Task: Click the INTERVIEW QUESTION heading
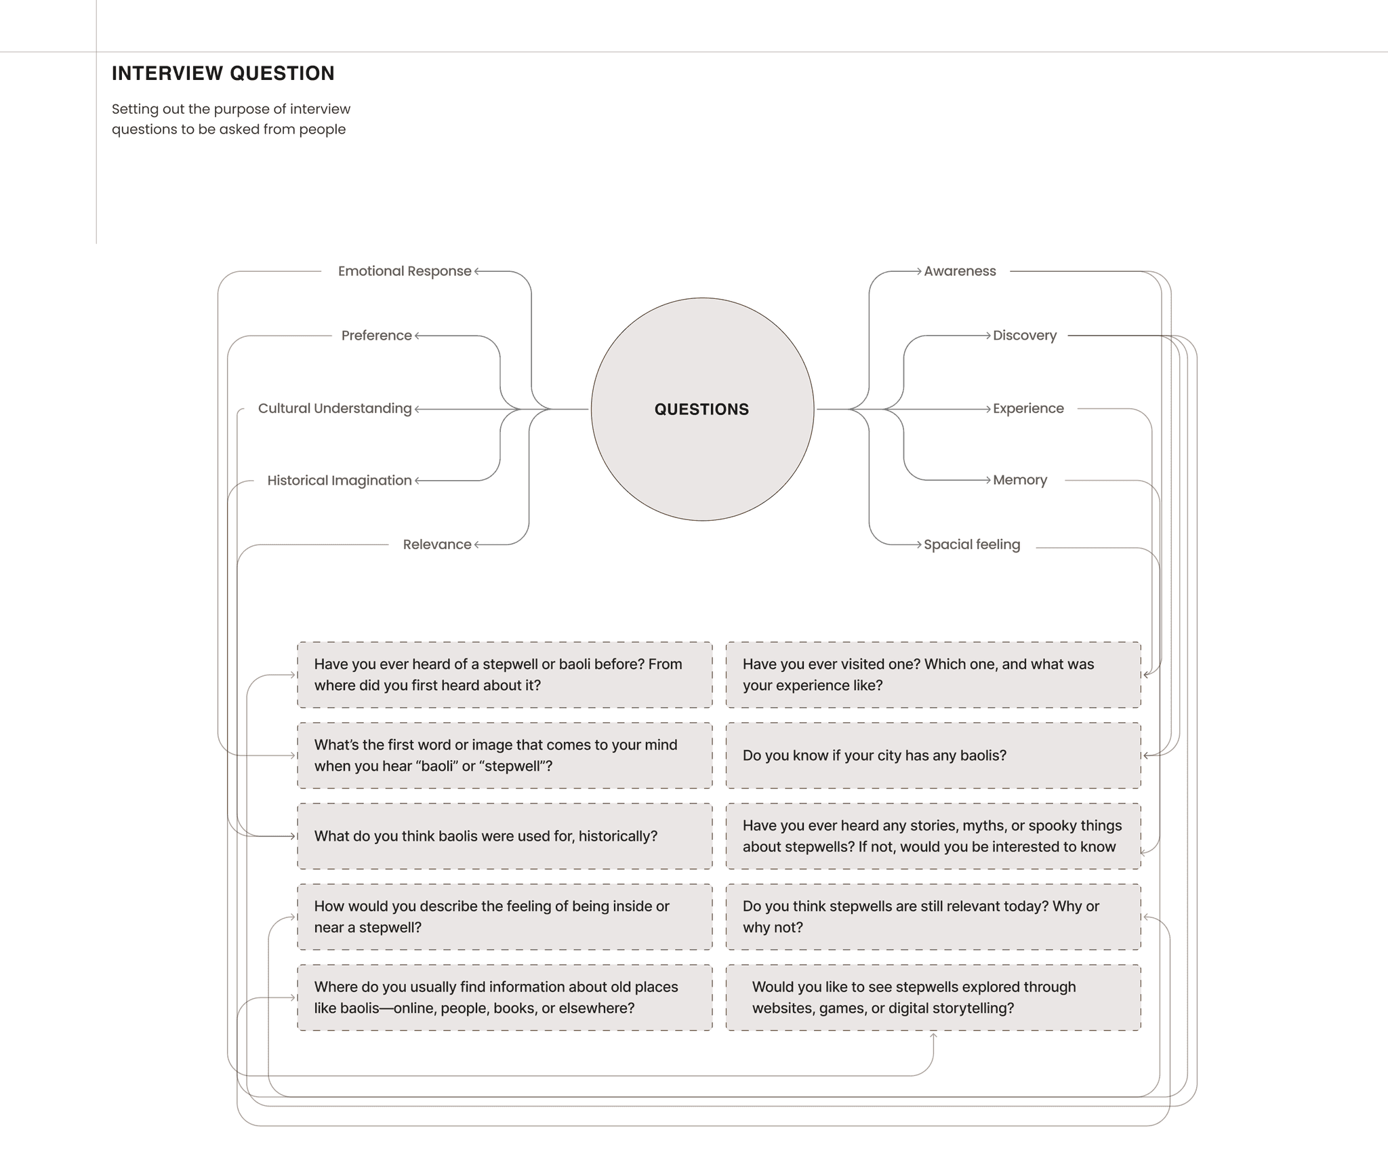click(223, 73)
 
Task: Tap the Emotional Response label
click(404, 271)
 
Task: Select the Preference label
click(376, 335)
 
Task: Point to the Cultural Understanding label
click(335, 408)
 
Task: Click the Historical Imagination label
click(340, 480)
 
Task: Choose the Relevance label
click(436, 544)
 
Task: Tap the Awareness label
click(960, 271)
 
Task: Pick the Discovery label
click(1024, 335)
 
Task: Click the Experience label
click(1028, 408)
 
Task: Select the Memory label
click(1019, 480)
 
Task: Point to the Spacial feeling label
click(972, 544)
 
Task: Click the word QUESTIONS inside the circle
click(701, 409)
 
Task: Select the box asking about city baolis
click(933, 755)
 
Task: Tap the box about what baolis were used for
click(504, 836)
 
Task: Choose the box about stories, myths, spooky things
click(933, 836)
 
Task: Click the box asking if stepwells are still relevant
click(933, 917)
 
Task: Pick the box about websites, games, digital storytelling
click(933, 997)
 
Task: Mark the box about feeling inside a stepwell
click(504, 917)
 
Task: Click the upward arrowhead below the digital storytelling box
click(933, 1036)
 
